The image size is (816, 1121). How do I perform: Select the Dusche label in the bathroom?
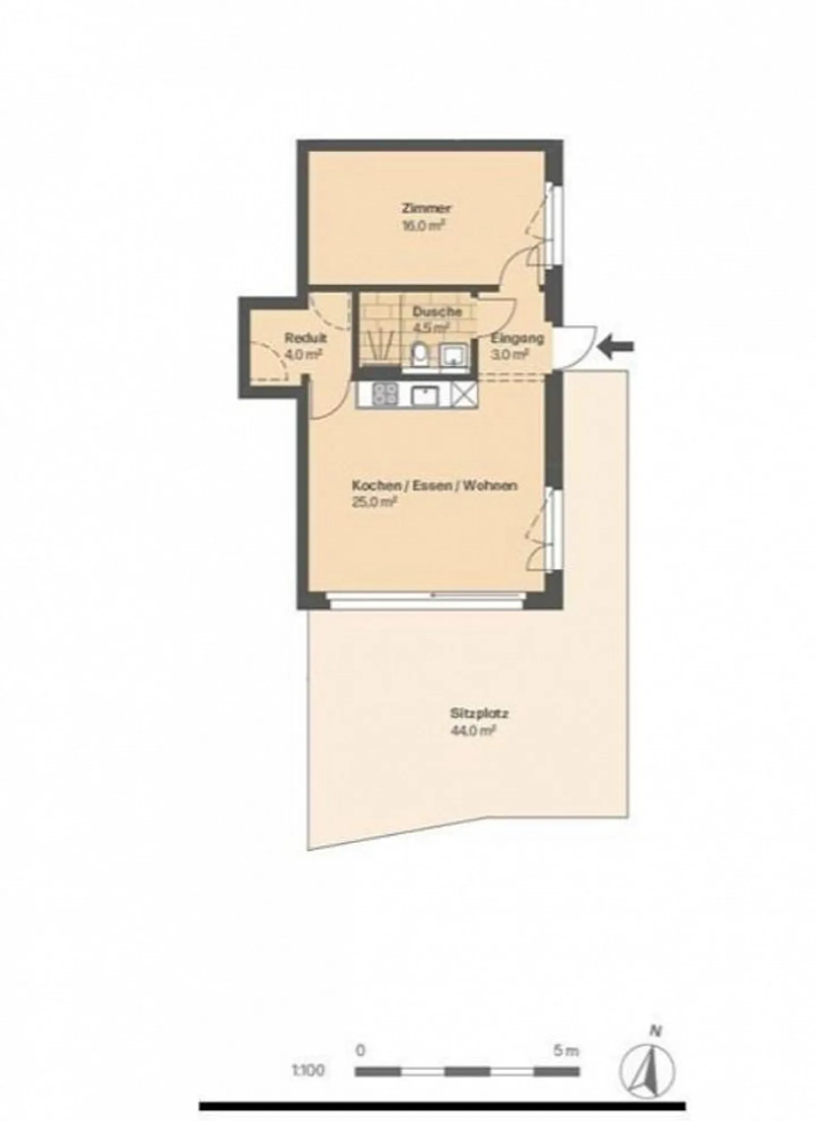coord(436,311)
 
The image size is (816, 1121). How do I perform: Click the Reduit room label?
coord(305,339)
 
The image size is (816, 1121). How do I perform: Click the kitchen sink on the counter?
coord(424,395)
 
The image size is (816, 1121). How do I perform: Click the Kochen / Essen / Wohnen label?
coord(434,485)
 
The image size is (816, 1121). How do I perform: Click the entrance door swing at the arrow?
coord(575,346)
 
